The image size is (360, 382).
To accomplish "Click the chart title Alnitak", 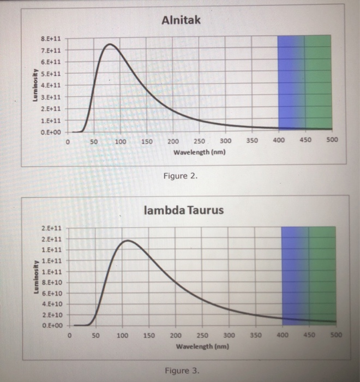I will pyautogui.click(x=182, y=20).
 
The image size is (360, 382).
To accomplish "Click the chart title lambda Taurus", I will pyautogui.click(x=183, y=210).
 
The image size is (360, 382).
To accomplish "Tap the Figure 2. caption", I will pyautogui.click(x=178, y=177).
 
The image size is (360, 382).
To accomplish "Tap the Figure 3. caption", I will pyautogui.click(x=182, y=371).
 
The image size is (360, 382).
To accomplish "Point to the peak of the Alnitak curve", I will pyautogui.click(x=110, y=44).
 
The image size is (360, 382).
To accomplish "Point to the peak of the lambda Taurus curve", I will pyautogui.click(x=127, y=240).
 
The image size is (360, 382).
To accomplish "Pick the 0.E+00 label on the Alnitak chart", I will pyautogui.click(x=51, y=132).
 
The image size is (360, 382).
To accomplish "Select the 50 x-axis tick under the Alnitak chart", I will pyautogui.click(x=94, y=142).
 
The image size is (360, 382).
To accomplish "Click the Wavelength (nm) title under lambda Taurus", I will pyautogui.click(x=201, y=346).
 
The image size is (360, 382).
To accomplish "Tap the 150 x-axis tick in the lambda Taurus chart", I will pyautogui.click(x=149, y=335).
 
